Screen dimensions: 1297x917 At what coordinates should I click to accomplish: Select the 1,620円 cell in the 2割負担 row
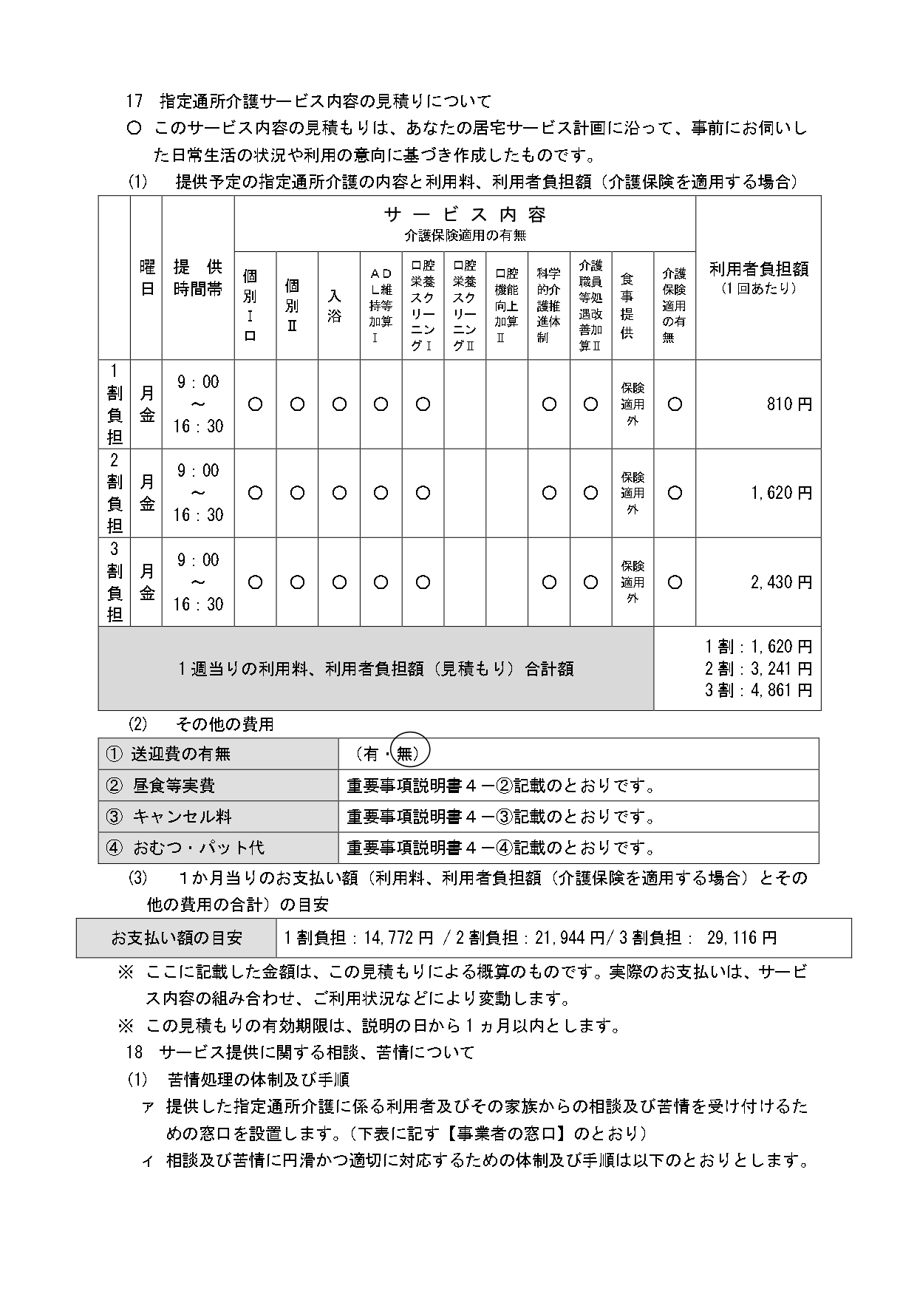tap(781, 493)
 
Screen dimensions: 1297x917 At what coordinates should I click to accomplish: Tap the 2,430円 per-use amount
tap(781, 582)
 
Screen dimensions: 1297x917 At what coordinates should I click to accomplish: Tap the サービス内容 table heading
tap(465, 215)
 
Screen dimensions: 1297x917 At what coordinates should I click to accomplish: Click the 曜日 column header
tap(146, 278)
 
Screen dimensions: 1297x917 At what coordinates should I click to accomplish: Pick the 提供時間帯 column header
tap(198, 278)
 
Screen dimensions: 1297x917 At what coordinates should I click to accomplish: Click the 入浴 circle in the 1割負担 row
tap(339, 404)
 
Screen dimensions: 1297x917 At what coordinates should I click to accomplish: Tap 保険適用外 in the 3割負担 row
tap(633, 582)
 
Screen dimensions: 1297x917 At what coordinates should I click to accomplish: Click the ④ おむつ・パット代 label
tap(185, 848)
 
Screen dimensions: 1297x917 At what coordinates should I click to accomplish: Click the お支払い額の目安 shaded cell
tap(176, 938)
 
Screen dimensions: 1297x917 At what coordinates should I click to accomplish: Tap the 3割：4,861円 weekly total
tap(759, 690)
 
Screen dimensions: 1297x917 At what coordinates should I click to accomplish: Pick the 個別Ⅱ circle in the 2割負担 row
tap(297, 493)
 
